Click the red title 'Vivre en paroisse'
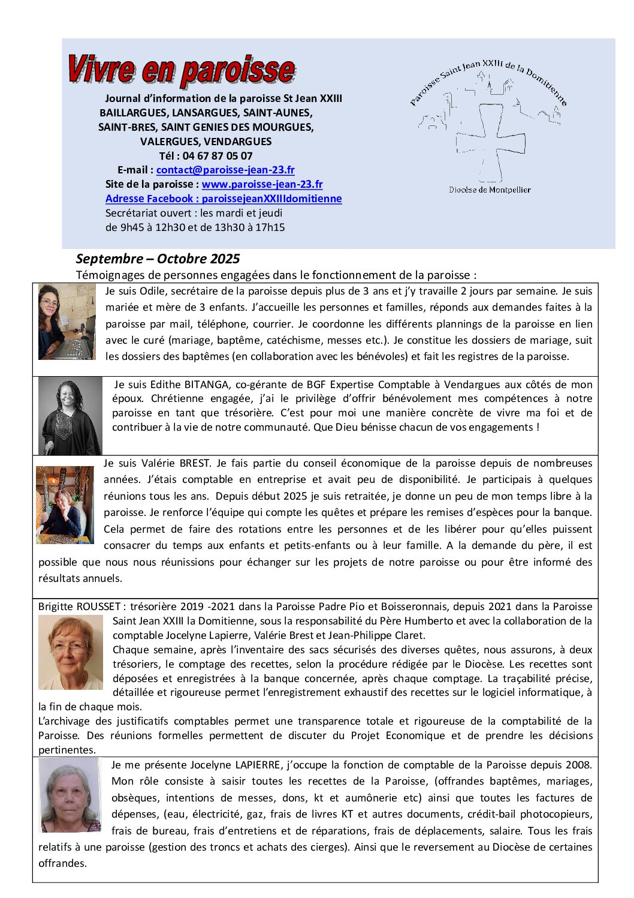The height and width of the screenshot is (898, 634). (180, 70)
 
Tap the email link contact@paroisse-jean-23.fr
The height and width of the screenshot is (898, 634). (225, 170)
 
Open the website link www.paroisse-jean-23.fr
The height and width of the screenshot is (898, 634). (262, 184)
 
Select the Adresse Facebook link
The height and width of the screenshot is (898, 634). (224, 199)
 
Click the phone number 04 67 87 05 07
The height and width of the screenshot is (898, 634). (218, 156)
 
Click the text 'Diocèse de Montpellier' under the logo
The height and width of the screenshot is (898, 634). (490, 190)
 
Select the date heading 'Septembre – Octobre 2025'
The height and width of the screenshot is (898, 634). (158, 259)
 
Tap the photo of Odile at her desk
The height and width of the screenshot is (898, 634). (67, 322)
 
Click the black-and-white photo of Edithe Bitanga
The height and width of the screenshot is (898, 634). (70, 416)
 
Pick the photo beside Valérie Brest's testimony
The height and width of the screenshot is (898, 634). (65, 505)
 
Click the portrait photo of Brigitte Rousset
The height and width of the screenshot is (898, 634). (70, 652)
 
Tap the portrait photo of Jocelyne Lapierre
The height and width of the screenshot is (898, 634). (70, 795)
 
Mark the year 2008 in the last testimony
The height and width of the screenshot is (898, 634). (578, 765)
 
